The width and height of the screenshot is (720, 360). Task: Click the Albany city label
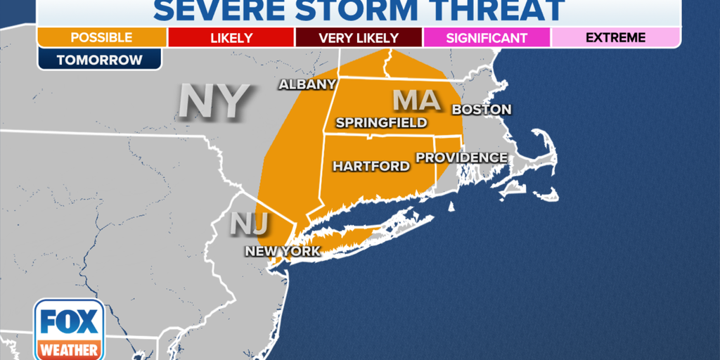(307, 84)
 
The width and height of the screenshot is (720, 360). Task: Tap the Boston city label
(481, 110)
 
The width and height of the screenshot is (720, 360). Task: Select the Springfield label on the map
(381, 123)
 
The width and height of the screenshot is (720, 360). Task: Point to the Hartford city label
(371, 167)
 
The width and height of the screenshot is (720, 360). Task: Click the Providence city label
(461, 157)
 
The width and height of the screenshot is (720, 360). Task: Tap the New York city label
(282, 251)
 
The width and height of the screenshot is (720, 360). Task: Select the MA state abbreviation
(416, 101)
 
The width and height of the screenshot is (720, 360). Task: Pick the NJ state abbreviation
(250, 224)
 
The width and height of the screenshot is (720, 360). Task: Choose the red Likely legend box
(231, 37)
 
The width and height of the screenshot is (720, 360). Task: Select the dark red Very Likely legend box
(359, 37)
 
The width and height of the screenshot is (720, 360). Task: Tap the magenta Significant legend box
(487, 37)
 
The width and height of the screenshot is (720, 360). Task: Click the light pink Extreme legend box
(615, 37)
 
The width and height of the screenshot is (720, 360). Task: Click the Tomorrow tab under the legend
(99, 60)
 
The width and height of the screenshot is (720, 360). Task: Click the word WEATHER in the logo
(69, 349)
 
